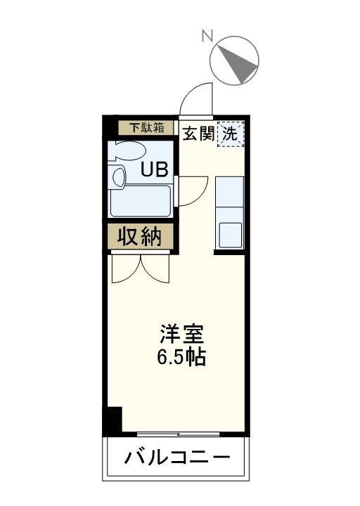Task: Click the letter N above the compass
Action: point(207,34)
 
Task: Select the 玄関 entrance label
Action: point(198,134)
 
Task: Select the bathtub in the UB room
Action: point(141,201)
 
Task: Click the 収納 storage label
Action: point(141,237)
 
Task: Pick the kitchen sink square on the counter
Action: point(230,234)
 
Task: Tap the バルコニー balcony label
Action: point(177,459)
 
